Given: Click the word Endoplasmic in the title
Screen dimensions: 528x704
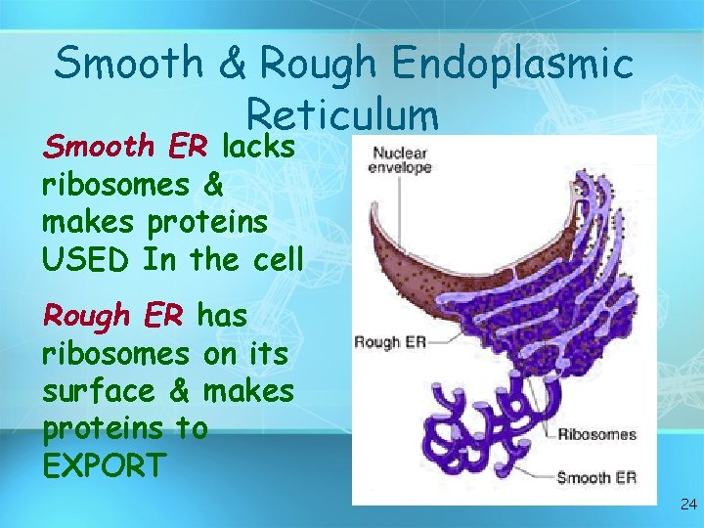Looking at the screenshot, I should [512, 65].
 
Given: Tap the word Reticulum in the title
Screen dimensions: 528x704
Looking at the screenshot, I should [342, 114].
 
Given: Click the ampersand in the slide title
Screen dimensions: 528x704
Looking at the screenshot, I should [233, 65].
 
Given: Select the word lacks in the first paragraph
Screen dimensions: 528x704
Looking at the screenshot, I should [259, 147].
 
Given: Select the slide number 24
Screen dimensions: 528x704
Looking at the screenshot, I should [687, 506].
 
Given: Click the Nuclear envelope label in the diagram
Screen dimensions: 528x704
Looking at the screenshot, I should [400, 160].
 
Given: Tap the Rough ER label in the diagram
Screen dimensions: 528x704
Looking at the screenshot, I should [388, 342].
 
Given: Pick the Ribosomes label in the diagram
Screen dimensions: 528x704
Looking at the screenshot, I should [596, 434].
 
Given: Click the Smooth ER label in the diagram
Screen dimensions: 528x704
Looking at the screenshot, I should [596, 478].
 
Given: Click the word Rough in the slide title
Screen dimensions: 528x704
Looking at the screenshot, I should [318, 65].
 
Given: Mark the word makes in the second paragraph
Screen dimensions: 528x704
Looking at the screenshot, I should [248, 392].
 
